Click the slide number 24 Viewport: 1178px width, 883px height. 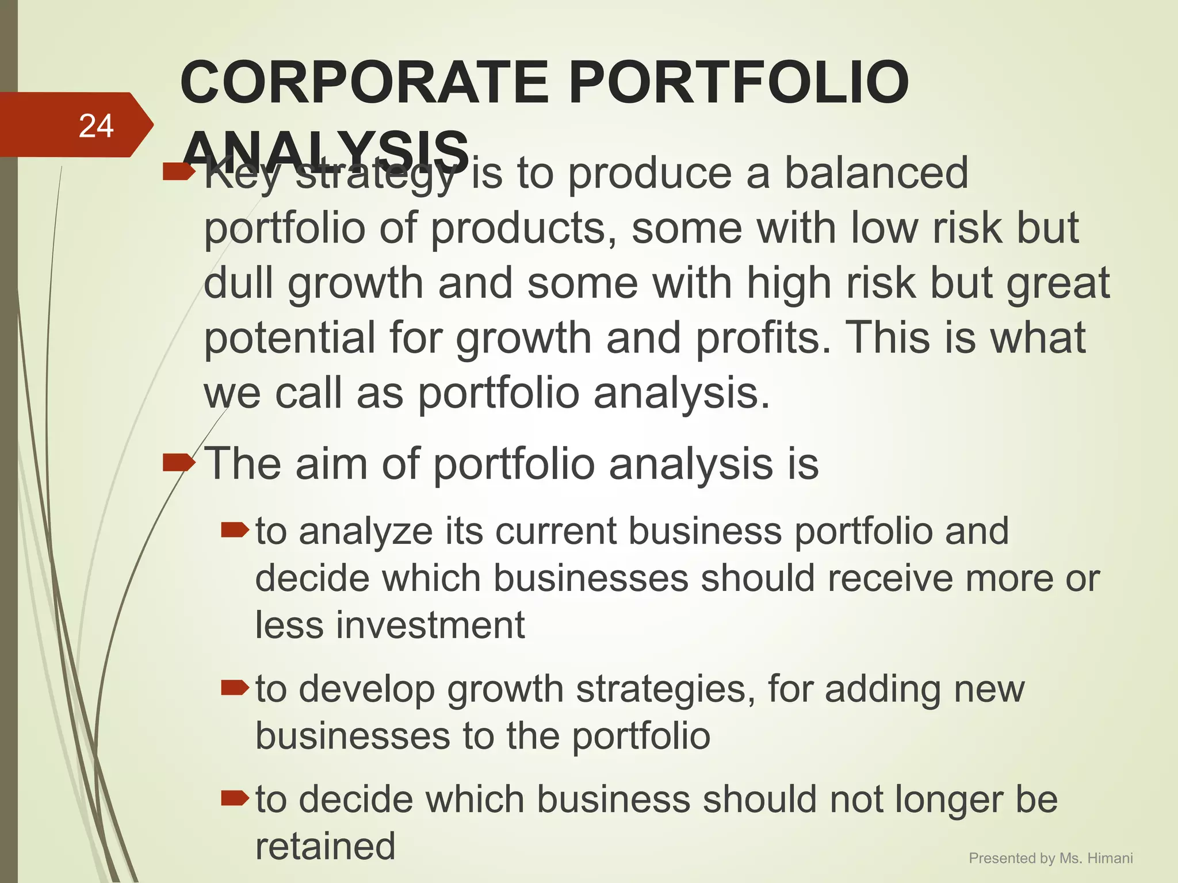coord(96,126)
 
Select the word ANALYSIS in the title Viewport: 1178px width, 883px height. coord(326,151)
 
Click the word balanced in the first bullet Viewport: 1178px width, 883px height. coord(877,173)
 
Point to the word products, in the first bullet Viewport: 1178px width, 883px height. coord(524,228)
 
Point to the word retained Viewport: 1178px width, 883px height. coord(326,846)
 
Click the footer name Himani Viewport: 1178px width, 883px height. coord(1110,858)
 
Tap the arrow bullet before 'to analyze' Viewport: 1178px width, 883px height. coord(234,529)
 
